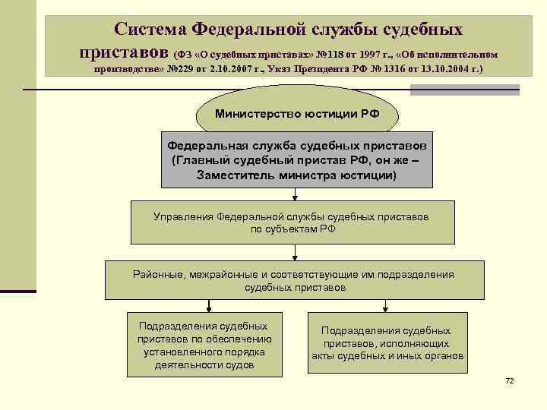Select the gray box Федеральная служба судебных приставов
click(x=297, y=160)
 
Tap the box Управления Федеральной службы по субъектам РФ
click(x=292, y=222)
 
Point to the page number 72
click(x=509, y=380)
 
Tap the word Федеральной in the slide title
click(x=248, y=30)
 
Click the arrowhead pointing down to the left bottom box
click(x=204, y=307)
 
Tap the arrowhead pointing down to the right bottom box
click(x=386, y=307)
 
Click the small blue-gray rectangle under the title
click(x=464, y=90)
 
